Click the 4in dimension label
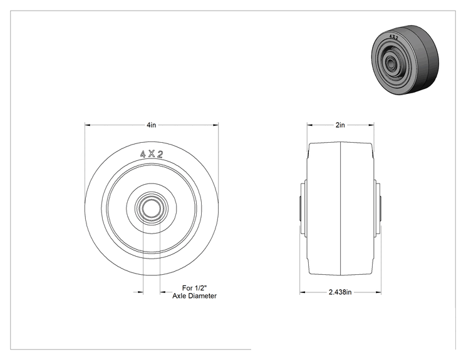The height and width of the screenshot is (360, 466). pos(152,125)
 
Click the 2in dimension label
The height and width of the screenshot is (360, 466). pos(340,125)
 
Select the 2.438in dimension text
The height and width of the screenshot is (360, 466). pos(340,292)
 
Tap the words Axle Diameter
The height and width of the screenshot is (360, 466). pos(194,296)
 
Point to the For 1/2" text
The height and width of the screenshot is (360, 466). pos(194,288)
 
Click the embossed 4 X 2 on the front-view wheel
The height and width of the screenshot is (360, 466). pos(152,154)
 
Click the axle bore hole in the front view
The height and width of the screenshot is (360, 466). pos(152,208)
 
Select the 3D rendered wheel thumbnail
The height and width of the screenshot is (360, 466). pos(405,59)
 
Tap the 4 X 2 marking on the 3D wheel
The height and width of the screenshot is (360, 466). pos(393,37)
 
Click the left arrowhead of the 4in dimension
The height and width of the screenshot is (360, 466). pos(88,125)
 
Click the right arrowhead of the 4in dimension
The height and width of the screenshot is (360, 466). pos(215,125)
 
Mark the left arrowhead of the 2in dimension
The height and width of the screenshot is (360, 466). pos(310,125)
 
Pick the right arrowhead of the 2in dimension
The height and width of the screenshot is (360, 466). pos(371,125)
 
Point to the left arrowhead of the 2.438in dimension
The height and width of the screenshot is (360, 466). pos(303,292)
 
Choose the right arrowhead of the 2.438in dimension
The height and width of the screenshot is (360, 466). pos(378,292)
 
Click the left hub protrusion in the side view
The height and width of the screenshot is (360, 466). pos(303,208)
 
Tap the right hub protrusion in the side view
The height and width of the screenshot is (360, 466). pos(377,208)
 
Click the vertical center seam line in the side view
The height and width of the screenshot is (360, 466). pos(340,208)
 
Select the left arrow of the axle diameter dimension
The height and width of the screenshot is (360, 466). pos(140,292)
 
